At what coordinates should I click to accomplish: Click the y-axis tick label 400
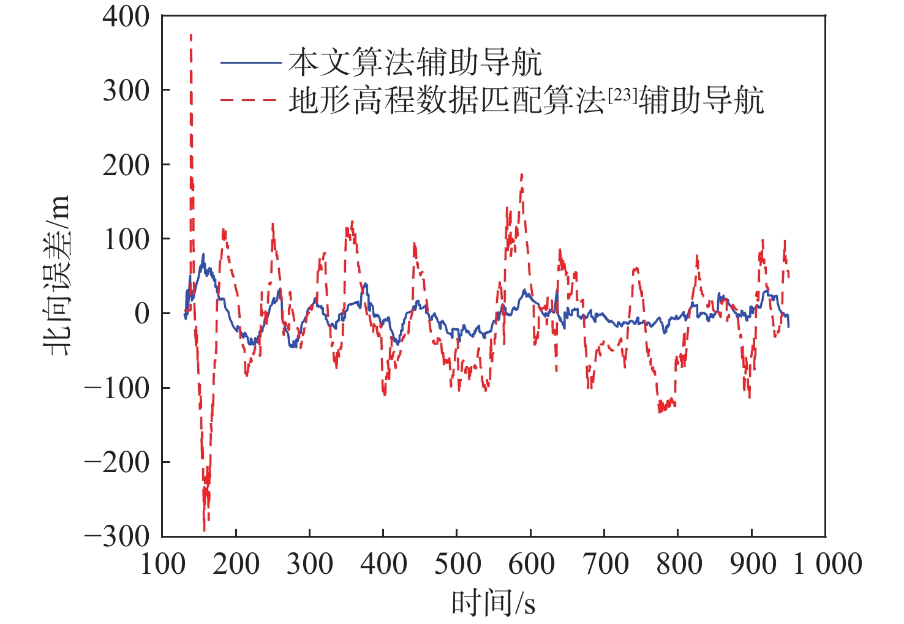point(126,17)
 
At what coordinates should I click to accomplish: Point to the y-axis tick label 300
point(126,91)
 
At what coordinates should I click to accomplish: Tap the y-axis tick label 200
point(126,165)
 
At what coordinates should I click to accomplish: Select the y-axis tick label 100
point(126,239)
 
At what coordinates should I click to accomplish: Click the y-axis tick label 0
point(142,314)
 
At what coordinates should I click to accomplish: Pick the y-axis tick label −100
point(117,388)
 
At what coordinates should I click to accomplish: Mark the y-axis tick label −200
point(117,462)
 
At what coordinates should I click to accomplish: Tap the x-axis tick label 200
point(236,564)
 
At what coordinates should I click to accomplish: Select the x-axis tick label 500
point(457,564)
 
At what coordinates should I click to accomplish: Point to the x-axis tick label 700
point(605,564)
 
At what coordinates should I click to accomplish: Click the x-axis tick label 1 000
point(827,564)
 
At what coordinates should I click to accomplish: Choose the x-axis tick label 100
point(162,564)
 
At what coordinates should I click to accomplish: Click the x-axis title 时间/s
point(493,603)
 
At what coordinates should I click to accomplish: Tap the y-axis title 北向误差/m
point(56,276)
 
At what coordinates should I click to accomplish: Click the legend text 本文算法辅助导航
point(415,62)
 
